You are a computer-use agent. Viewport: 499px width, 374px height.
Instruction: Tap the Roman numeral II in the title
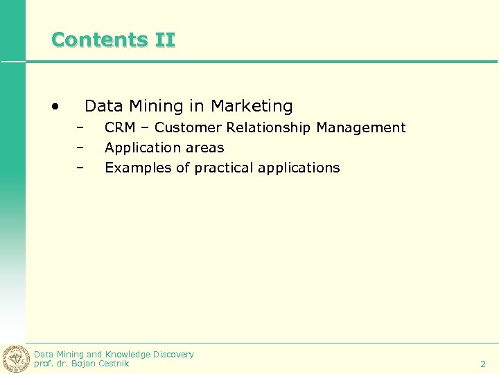pyautogui.click(x=166, y=39)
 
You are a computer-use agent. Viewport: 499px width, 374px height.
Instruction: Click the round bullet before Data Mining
pyautogui.click(x=55, y=107)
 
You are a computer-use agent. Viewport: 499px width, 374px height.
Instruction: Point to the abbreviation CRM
pyautogui.click(x=120, y=127)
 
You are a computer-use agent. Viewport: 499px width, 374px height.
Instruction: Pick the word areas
pyautogui.click(x=204, y=148)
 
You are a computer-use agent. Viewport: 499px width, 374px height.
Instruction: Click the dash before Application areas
pyautogui.click(x=80, y=148)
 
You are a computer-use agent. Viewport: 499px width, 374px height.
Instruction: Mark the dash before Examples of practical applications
pyautogui.click(x=80, y=168)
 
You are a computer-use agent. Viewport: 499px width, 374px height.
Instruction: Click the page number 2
pyautogui.click(x=483, y=364)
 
